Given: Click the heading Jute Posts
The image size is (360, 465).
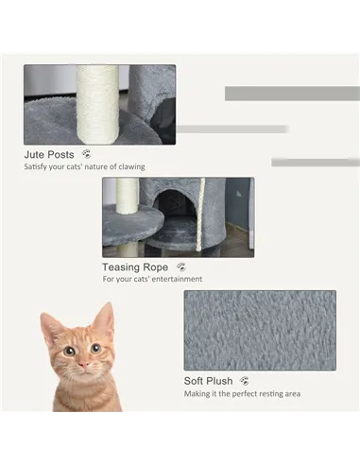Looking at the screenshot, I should [x=50, y=153].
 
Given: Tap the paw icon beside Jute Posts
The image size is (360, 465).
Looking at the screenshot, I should [x=87, y=153].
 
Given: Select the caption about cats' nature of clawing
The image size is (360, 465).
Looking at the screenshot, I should [x=84, y=167].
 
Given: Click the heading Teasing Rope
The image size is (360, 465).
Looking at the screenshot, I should [x=135, y=267].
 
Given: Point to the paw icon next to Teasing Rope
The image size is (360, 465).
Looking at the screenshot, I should [x=180, y=267].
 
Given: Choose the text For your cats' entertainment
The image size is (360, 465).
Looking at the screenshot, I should [x=152, y=280].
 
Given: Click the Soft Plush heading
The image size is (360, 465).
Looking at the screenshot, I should [x=209, y=381].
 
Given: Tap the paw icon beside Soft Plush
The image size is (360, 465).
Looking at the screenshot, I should [x=245, y=381].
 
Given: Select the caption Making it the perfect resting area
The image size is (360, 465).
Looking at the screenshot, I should [x=242, y=394].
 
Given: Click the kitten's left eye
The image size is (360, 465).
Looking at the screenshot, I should [x=69, y=351].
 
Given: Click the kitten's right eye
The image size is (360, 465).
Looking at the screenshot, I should [x=95, y=349].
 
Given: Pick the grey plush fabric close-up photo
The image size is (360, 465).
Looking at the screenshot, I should [x=260, y=330].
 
